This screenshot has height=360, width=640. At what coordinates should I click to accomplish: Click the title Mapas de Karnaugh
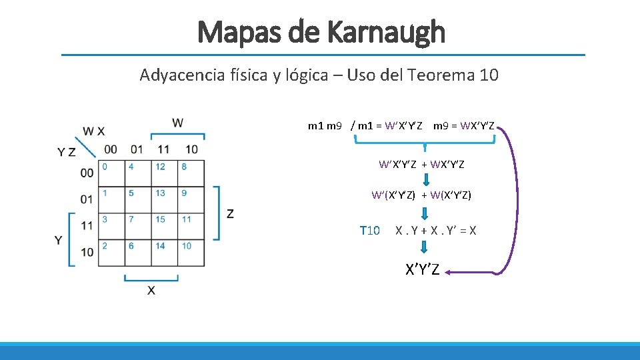tap(321, 31)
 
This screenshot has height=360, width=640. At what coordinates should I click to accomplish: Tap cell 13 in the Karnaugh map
tap(164, 199)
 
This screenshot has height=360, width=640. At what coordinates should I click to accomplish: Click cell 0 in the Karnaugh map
tap(111, 173)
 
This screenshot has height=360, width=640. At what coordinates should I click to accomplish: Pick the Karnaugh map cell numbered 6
tap(137, 253)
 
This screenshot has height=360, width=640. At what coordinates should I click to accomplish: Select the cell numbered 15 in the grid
tap(164, 226)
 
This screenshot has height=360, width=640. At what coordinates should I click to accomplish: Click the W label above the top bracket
tap(177, 123)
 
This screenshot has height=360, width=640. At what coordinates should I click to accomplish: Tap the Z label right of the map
tap(230, 213)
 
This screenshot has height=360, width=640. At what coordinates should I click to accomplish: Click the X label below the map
tap(151, 291)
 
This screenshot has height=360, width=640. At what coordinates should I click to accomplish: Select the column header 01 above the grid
tap(137, 149)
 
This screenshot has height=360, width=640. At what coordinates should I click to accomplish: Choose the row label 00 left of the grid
tap(87, 173)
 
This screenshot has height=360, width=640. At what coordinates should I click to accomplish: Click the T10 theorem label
tap(369, 231)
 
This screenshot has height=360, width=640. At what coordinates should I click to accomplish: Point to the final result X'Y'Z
tap(423, 270)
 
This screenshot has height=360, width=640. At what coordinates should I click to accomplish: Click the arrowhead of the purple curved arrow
tap(448, 271)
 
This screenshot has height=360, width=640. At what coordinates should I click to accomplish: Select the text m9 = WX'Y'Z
tap(463, 126)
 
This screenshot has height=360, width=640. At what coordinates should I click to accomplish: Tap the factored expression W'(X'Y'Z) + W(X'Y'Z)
tap(421, 195)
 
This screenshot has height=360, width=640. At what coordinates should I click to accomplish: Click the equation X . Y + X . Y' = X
tap(435, 231)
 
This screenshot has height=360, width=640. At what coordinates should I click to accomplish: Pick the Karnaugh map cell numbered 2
tap(111, 253)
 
